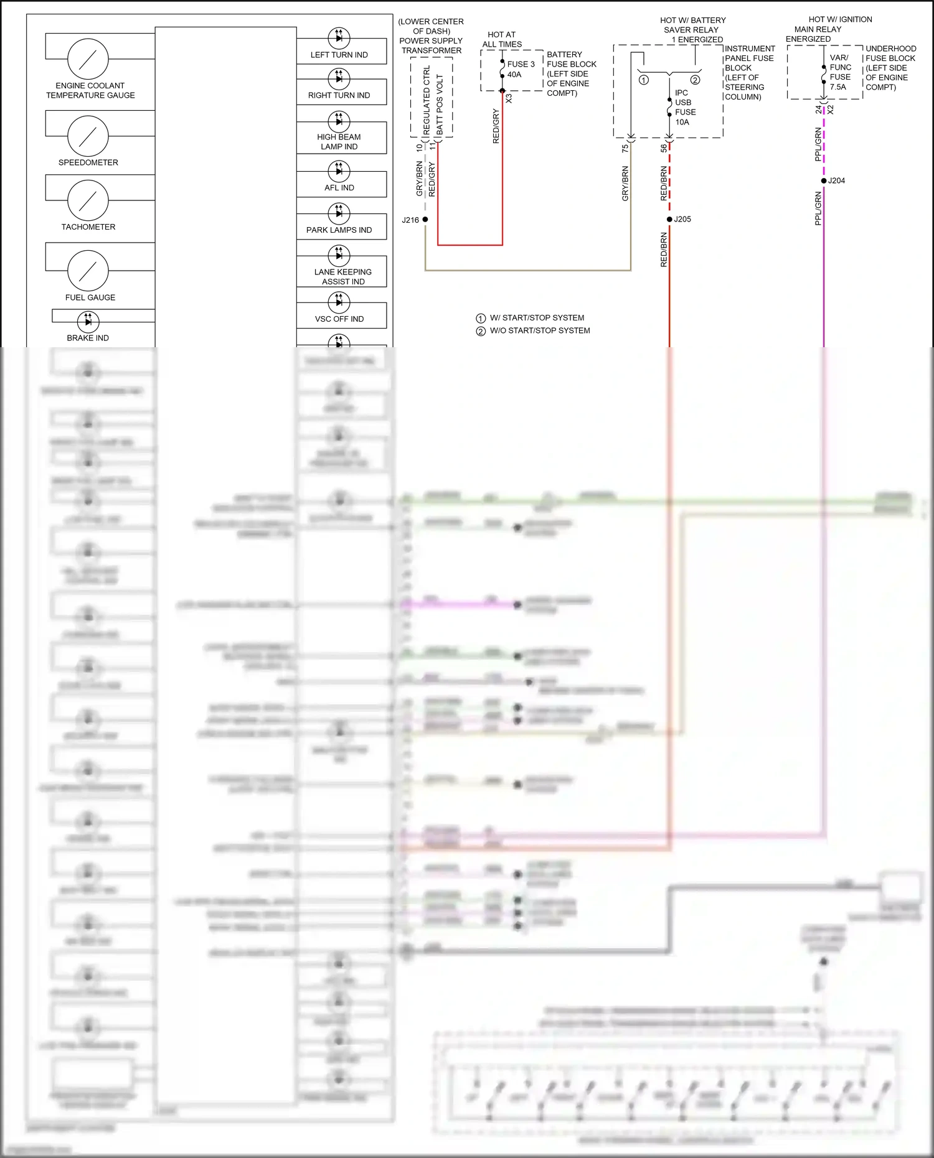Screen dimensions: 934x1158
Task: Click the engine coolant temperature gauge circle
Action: point(88,59)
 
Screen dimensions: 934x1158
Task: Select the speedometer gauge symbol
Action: point(88,136)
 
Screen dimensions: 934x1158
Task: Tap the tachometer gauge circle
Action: point(88,200)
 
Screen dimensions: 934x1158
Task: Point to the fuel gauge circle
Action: point(88,271)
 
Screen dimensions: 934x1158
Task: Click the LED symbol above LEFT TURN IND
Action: point(339,37)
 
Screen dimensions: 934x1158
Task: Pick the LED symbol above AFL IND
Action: point(339,170)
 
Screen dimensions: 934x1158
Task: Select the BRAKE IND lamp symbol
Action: point(88,322)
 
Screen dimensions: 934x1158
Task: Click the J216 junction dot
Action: point(425,220)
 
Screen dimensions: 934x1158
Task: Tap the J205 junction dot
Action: point(669,219)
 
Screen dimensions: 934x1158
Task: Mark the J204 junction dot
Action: point(824,180)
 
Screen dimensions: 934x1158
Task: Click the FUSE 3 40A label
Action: point(520,69)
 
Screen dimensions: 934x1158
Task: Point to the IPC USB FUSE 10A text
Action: point(685,108)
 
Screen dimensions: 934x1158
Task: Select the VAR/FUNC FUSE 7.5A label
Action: point(839,72)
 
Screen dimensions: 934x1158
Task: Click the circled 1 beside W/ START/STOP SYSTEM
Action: point(481,318)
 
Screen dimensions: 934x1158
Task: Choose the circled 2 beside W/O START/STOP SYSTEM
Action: point(481,331)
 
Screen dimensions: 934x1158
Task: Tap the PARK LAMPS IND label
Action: point(339,230)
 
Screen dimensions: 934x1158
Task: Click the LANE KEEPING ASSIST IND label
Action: point(342,277)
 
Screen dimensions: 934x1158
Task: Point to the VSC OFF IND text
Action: point(339,319)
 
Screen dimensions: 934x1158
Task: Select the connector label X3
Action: point(509,98)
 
